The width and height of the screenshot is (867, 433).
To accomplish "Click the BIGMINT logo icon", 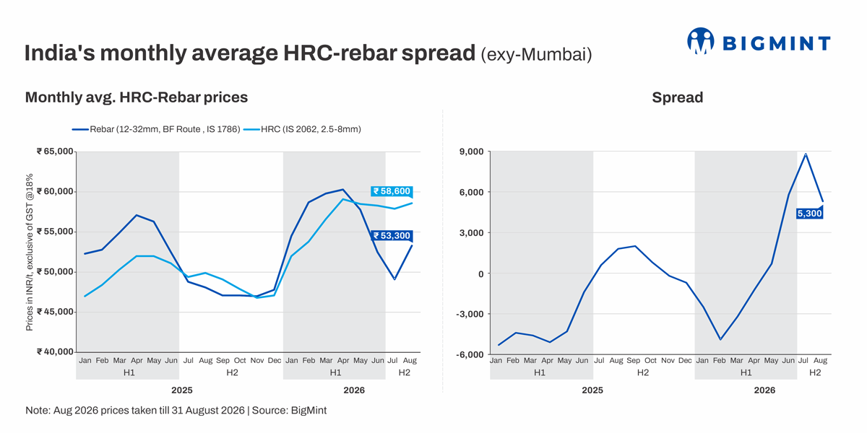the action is (701, 40).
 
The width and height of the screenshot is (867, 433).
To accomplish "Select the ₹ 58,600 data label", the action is (392, 191).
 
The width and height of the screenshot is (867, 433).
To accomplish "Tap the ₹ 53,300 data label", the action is (392, 235).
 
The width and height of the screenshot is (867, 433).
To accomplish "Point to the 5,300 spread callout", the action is (809, 213).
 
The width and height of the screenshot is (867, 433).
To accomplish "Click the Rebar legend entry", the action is (156, 129).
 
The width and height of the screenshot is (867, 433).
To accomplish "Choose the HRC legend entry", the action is (302, 129).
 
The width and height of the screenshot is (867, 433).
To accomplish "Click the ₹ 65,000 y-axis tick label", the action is (55, 151).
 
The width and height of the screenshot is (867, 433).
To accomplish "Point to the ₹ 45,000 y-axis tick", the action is (55, 312).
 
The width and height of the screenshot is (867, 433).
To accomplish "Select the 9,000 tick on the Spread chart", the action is (471, 152).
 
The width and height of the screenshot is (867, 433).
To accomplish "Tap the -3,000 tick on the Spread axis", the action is (470, 314).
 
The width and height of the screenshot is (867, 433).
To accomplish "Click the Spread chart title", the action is (678, 97).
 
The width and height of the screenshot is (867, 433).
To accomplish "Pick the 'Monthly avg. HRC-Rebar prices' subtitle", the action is (137, 97).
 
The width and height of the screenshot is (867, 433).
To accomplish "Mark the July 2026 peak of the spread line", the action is (806, 154).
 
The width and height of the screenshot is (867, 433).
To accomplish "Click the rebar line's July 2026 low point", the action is (394, 279).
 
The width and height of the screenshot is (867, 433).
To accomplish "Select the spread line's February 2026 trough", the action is (720, 339).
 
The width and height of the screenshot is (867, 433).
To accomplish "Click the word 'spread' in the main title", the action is (438, 53).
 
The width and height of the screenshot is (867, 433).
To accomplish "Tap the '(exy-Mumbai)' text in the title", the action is (536, 55).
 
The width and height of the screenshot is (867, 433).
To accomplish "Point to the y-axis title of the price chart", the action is (30, 252).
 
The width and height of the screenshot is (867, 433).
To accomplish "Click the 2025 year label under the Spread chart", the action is (592, 390).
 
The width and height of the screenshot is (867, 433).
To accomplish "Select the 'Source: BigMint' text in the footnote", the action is (289, 410).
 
